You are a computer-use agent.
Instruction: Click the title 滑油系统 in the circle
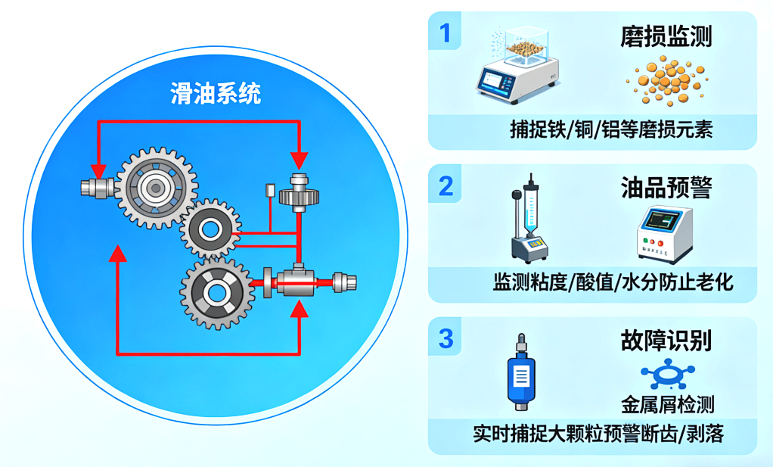tap(216, 94)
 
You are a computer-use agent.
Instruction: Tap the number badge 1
tap(445, 33)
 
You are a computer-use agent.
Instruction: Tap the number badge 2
tap(445, 185)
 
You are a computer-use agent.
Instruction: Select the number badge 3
tap(445, 338)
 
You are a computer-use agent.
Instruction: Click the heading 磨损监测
tap(666, 36)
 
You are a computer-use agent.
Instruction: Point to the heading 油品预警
tap(666, 187)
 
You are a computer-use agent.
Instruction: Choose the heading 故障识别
tap(666, 340)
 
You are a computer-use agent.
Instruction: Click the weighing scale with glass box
tap(519, 61)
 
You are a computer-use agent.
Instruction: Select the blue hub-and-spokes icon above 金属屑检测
tap(668, 375)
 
